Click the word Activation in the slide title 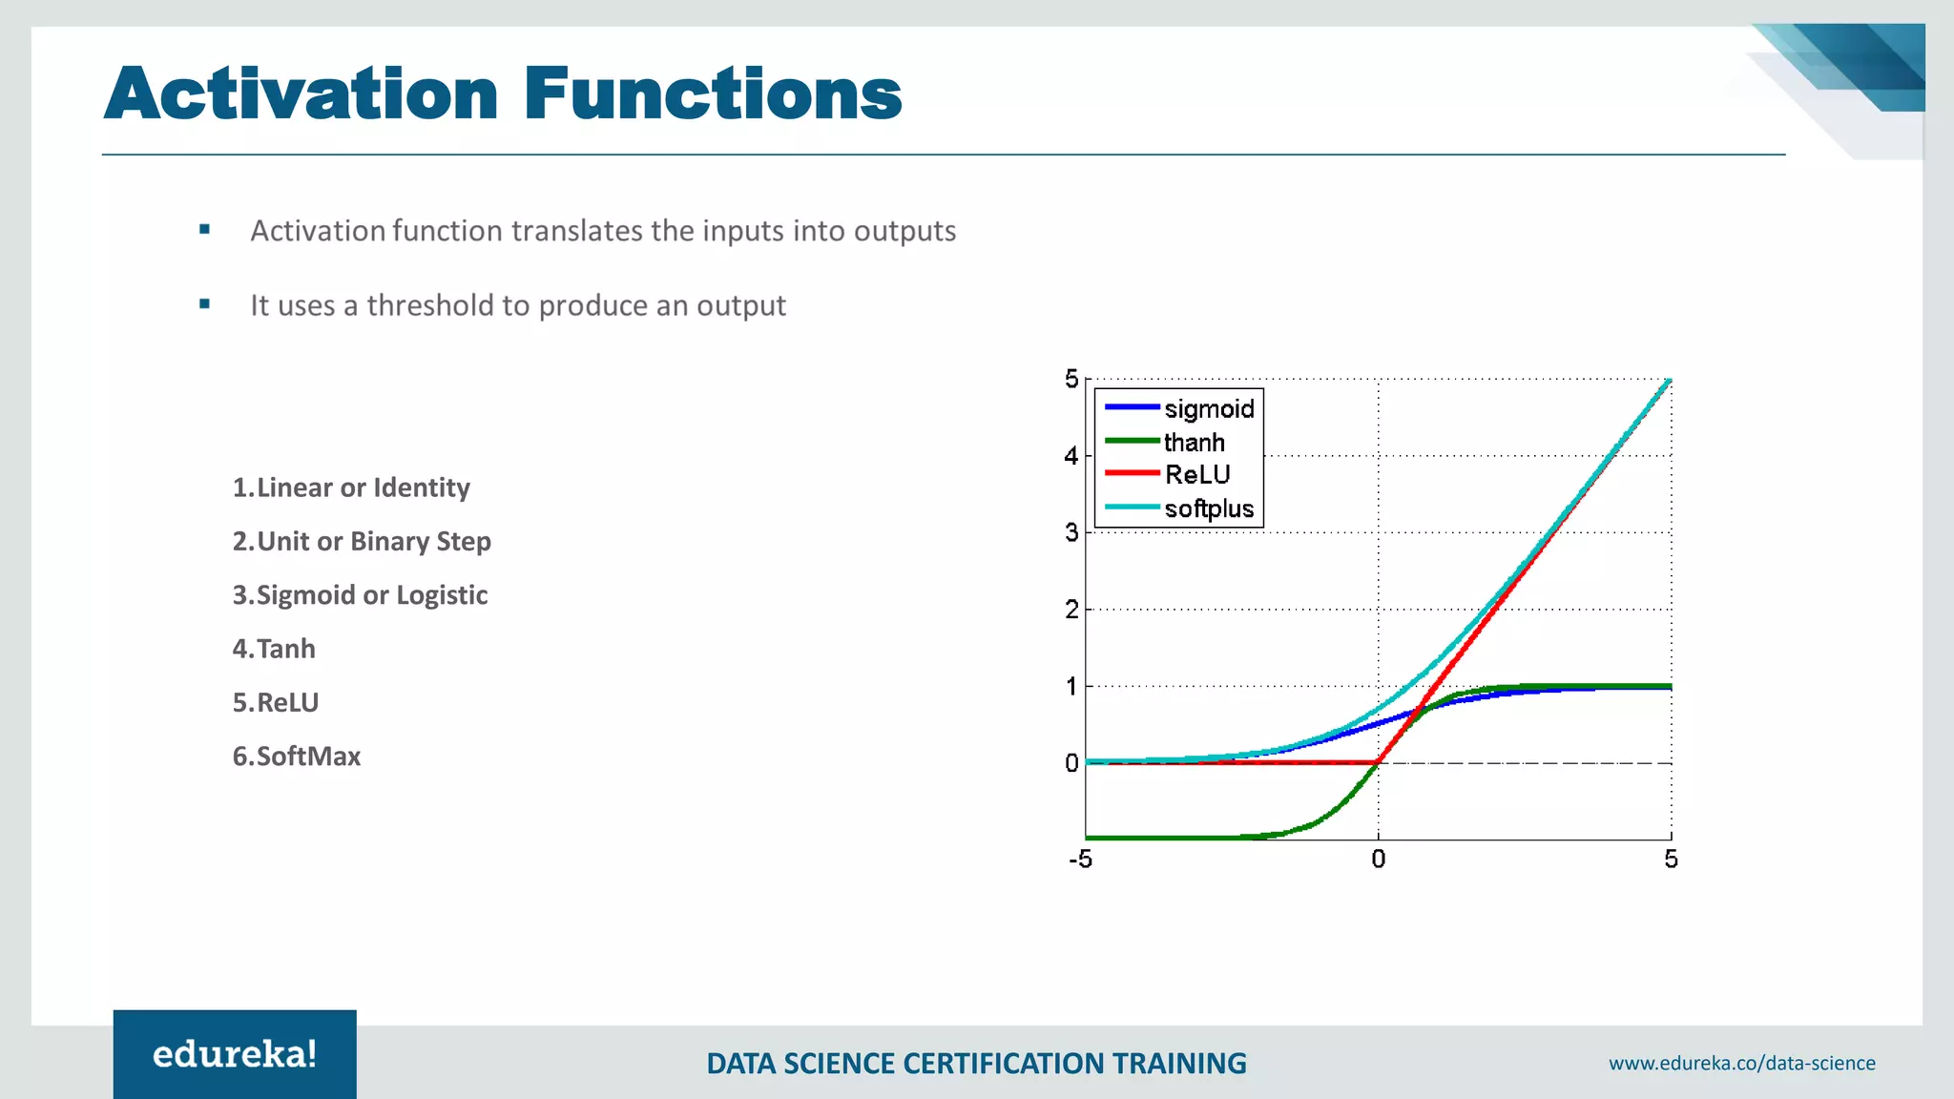pyautogui.click(x=301, y=94)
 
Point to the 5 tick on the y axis pyautogui.click(x=1071, y=380)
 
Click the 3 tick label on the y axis pyautogui.click(x=1071, y=533)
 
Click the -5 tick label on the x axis pyautogui.click(x=1080, y=860)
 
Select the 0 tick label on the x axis pyautogui.click(x=1378, y=860)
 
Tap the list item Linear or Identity pyautogui.click(x=351, y=487)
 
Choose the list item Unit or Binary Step pyautogui.click(x=362, y=542)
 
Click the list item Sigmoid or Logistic pyautogui.click(x=360, y=595)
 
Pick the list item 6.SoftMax pyautogui.click(x=297, y=757)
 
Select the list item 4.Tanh pyautogui.click(x=274, y=649)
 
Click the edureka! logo pyautogui.click(x=235, y=1054)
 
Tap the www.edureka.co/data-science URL pyautogui.click(x=1741, y=1063)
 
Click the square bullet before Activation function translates pyautogui.click(x=204, y=230)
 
